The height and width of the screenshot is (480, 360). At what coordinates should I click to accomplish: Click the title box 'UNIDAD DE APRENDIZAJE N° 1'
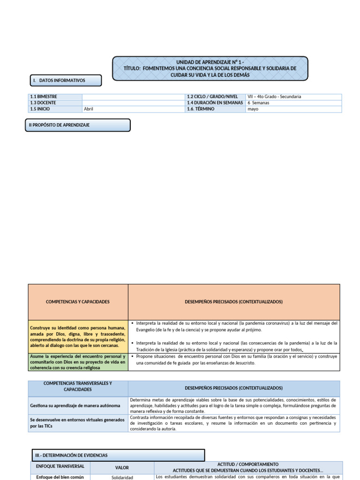(x=210, y=68)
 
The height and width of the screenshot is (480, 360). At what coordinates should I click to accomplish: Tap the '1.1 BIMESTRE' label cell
(x=55, y=97)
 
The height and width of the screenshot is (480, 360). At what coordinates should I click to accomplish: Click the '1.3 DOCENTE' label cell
(x=55, y=103)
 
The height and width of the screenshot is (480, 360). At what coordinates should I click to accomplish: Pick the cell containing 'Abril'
(x=133, y=109)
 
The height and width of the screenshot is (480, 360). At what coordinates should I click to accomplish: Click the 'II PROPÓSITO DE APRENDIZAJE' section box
(x=77, y=125)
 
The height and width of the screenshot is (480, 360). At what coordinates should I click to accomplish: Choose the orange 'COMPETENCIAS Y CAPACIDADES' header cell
(x=78, y=302)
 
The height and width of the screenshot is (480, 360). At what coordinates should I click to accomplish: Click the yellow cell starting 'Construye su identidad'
(x=78, y=337)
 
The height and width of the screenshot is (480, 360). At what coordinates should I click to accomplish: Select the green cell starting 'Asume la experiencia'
(x=78, y=362)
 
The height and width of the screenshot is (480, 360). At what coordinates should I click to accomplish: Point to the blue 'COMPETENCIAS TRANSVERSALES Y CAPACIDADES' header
(x=78, y=386)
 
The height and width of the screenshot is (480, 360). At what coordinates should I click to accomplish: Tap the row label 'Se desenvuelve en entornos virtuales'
(x=78, y=423)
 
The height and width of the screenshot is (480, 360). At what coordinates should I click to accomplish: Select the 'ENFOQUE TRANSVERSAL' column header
(x=60, y=467)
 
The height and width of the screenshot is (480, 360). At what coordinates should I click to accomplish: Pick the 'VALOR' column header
(x=122, y=467)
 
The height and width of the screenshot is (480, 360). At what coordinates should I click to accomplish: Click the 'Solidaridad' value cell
(x=122, y=477)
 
